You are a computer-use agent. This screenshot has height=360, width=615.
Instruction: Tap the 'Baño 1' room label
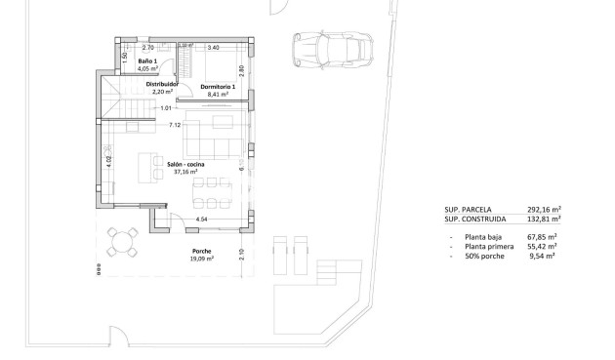[145, 61]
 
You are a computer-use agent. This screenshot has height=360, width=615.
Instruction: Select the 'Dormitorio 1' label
[217, 87]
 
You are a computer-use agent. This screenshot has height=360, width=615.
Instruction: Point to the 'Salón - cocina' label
[185, 164]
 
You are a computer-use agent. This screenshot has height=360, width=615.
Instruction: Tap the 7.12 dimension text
[175, 125]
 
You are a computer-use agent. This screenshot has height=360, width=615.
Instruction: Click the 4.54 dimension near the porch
[202, 220]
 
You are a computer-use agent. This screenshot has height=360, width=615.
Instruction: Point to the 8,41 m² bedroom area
[217, 95]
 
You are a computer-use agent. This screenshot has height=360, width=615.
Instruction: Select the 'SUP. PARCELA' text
[468, 209]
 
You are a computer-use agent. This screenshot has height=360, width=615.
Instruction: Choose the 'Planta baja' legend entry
[487, 237]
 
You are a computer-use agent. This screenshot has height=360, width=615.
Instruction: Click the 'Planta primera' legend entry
[492, 247]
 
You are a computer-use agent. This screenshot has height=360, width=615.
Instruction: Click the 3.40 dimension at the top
[214, 47]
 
